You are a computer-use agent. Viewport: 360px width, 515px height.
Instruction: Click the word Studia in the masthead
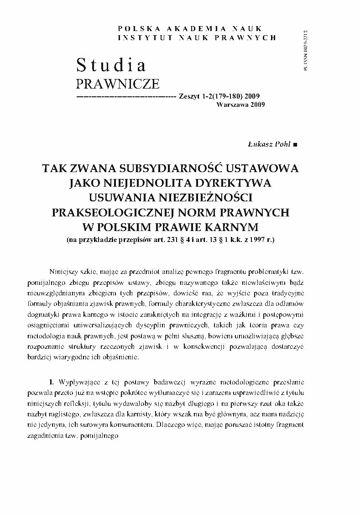click(111, 65)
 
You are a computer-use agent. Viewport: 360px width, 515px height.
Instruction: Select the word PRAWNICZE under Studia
click(117, 84)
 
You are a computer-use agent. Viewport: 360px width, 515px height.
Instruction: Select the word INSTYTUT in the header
click(140, 37)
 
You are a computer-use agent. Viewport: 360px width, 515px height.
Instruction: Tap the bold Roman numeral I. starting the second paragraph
click(52, 381)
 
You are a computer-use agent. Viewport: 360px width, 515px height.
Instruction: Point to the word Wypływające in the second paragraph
click(78, 381)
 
